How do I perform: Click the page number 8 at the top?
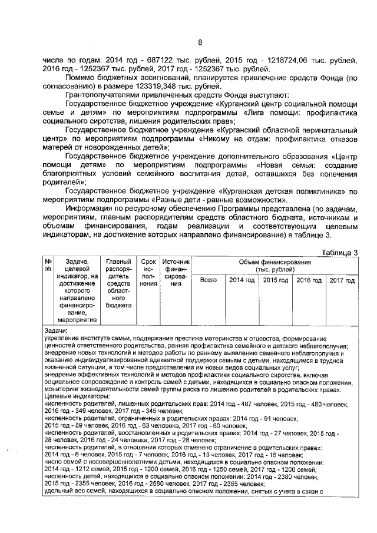[199, 42]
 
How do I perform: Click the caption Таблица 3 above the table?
[339, 252]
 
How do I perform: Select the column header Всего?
[209, 280]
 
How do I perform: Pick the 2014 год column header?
[242, 280]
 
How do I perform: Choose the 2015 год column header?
[276, 280]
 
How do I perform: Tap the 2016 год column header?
[309, 280]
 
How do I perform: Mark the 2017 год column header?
[342, 280]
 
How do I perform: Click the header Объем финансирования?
[275, 265]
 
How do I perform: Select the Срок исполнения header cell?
[148, 272]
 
